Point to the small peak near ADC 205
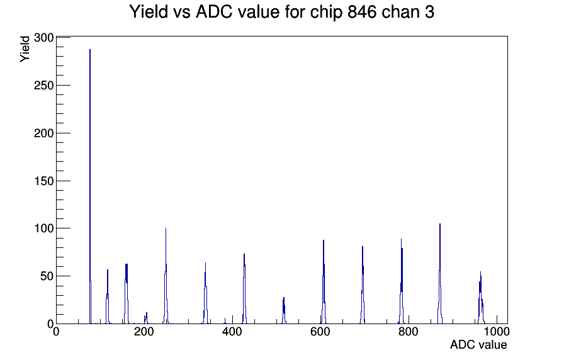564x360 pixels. pyautogui.click(x=147, y=318)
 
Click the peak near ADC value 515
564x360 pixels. pyautogui.click(x=284, y=312)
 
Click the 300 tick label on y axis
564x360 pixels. pyautogui.click(x=44, y=38)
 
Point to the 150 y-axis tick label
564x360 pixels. pyautogui.click(x=44, y=181)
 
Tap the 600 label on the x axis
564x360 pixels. pyautogui.click(x=320, y=332)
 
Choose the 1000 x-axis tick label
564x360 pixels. pyautogui.click(x=497, y=332)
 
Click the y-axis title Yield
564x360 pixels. pyautogui.click(x=25, y=49)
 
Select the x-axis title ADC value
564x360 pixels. pyautogui.click(x=478, y=345)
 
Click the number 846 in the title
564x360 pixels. pyautogui.click(x=362, y=12)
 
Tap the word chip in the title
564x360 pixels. pyautogui.click(x=325, y=13)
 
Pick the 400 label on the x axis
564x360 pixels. pyautogui.click(x=232, y=332)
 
